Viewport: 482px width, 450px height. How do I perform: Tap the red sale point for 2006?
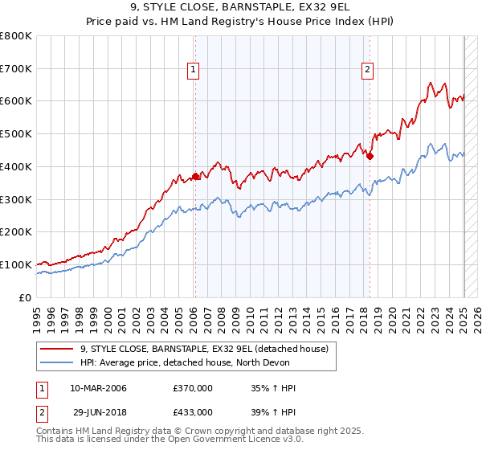coord(195,176)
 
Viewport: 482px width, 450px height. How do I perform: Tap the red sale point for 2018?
coord(370,156)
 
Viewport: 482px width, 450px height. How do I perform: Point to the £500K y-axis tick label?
coord(16,134)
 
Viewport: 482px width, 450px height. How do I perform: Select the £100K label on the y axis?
coord(16,264)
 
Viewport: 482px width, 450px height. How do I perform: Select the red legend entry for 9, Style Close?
coord(204,350)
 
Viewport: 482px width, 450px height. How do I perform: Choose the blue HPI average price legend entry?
coord(206,363)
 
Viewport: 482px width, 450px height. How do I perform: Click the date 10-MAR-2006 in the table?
coord(98,388)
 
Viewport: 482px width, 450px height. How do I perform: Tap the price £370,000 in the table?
coord(193,388)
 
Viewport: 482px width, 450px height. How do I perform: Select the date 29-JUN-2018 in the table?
coord(98,411)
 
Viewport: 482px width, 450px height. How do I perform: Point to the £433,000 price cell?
coord(193,411)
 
